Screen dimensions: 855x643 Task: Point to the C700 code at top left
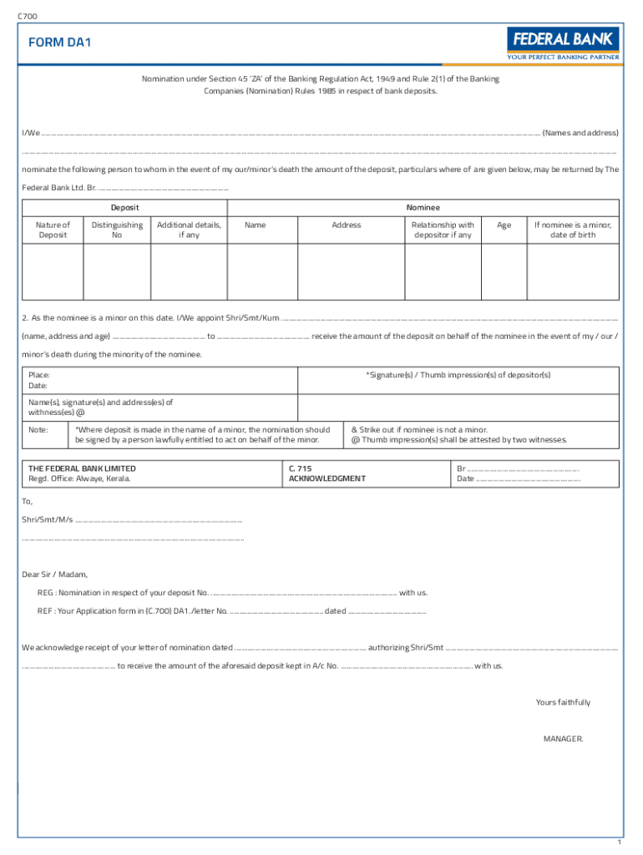[27, 16]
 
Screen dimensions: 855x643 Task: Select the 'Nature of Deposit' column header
[53, 230]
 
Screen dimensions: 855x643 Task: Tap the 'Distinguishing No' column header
[116, 230]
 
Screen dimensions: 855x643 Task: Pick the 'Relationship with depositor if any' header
[443, 230]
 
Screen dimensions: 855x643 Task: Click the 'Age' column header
[504, 225]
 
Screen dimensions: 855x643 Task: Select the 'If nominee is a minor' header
[573, 230]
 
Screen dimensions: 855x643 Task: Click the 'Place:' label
[38, 376]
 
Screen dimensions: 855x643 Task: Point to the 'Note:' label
[38, 429]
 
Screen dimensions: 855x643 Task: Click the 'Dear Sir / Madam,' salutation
[54, 574]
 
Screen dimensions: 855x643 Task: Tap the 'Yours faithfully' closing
[563, 702]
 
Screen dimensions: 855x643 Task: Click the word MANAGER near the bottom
[564, 739]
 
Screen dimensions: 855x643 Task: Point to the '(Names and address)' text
[580, 133]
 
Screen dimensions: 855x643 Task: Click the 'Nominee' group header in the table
[423, 207]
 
